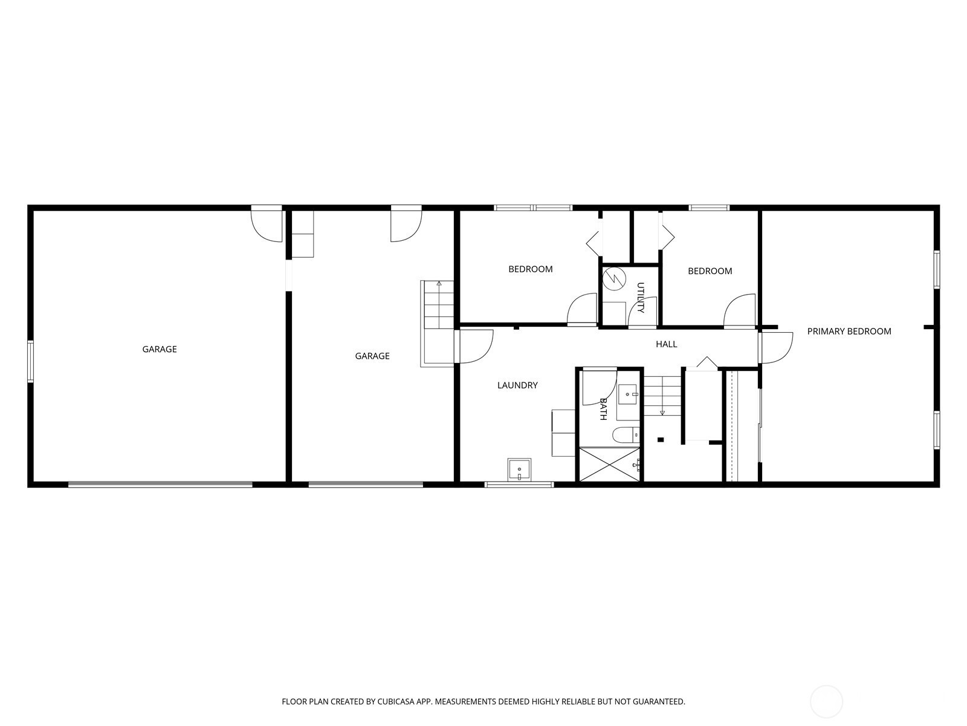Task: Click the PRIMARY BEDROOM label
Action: coord(849,332)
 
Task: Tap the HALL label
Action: coord(666,344)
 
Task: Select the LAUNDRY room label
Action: coord(517,385)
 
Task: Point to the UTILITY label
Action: coord(641,298)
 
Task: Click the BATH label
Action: coord(603,409)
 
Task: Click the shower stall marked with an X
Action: coord(609,465)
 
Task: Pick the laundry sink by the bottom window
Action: coord(519,470)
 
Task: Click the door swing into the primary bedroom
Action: coord(776,348)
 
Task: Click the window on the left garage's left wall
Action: coord(30,361)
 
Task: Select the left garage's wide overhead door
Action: coord(160,484)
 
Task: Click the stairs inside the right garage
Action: coord(437,324)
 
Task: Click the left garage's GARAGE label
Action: coord(160,350)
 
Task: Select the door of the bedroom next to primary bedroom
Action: coord(740,310)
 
